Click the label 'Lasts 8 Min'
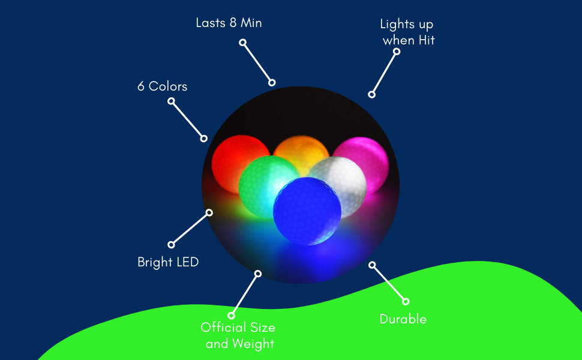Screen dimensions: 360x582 coord(229,23)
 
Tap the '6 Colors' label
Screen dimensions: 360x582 coord(162,86)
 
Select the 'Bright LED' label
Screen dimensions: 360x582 coord(168,262)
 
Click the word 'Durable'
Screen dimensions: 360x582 coord(403,319)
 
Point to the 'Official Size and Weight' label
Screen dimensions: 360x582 coord(239,335)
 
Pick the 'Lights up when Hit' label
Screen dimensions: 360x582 coord(407,32)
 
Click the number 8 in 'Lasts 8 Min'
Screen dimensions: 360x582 coord(232,23)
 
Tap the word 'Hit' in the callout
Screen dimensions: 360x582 coord(425,41)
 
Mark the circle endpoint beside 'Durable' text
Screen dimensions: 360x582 coord(406,301)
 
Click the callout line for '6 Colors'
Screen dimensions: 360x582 coord(187,119)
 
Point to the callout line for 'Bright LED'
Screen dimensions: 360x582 coord(190,229)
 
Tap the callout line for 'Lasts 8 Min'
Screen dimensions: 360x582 coord(257,62)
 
